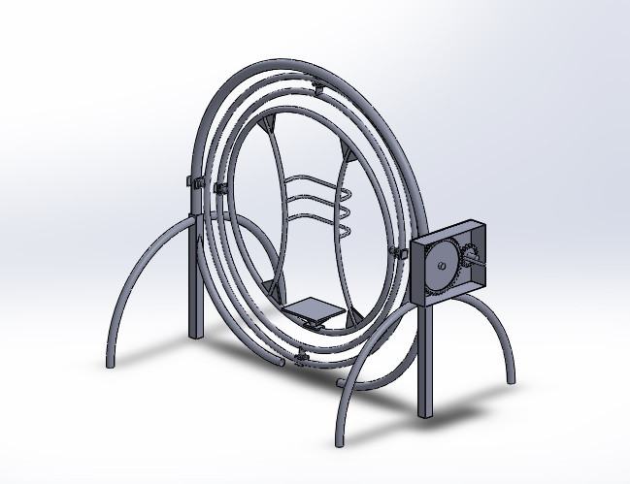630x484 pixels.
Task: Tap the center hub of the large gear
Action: tap(442, 265)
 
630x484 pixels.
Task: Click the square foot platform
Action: tap(315, 309)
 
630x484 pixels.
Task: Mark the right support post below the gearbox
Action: tap(425, 359)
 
